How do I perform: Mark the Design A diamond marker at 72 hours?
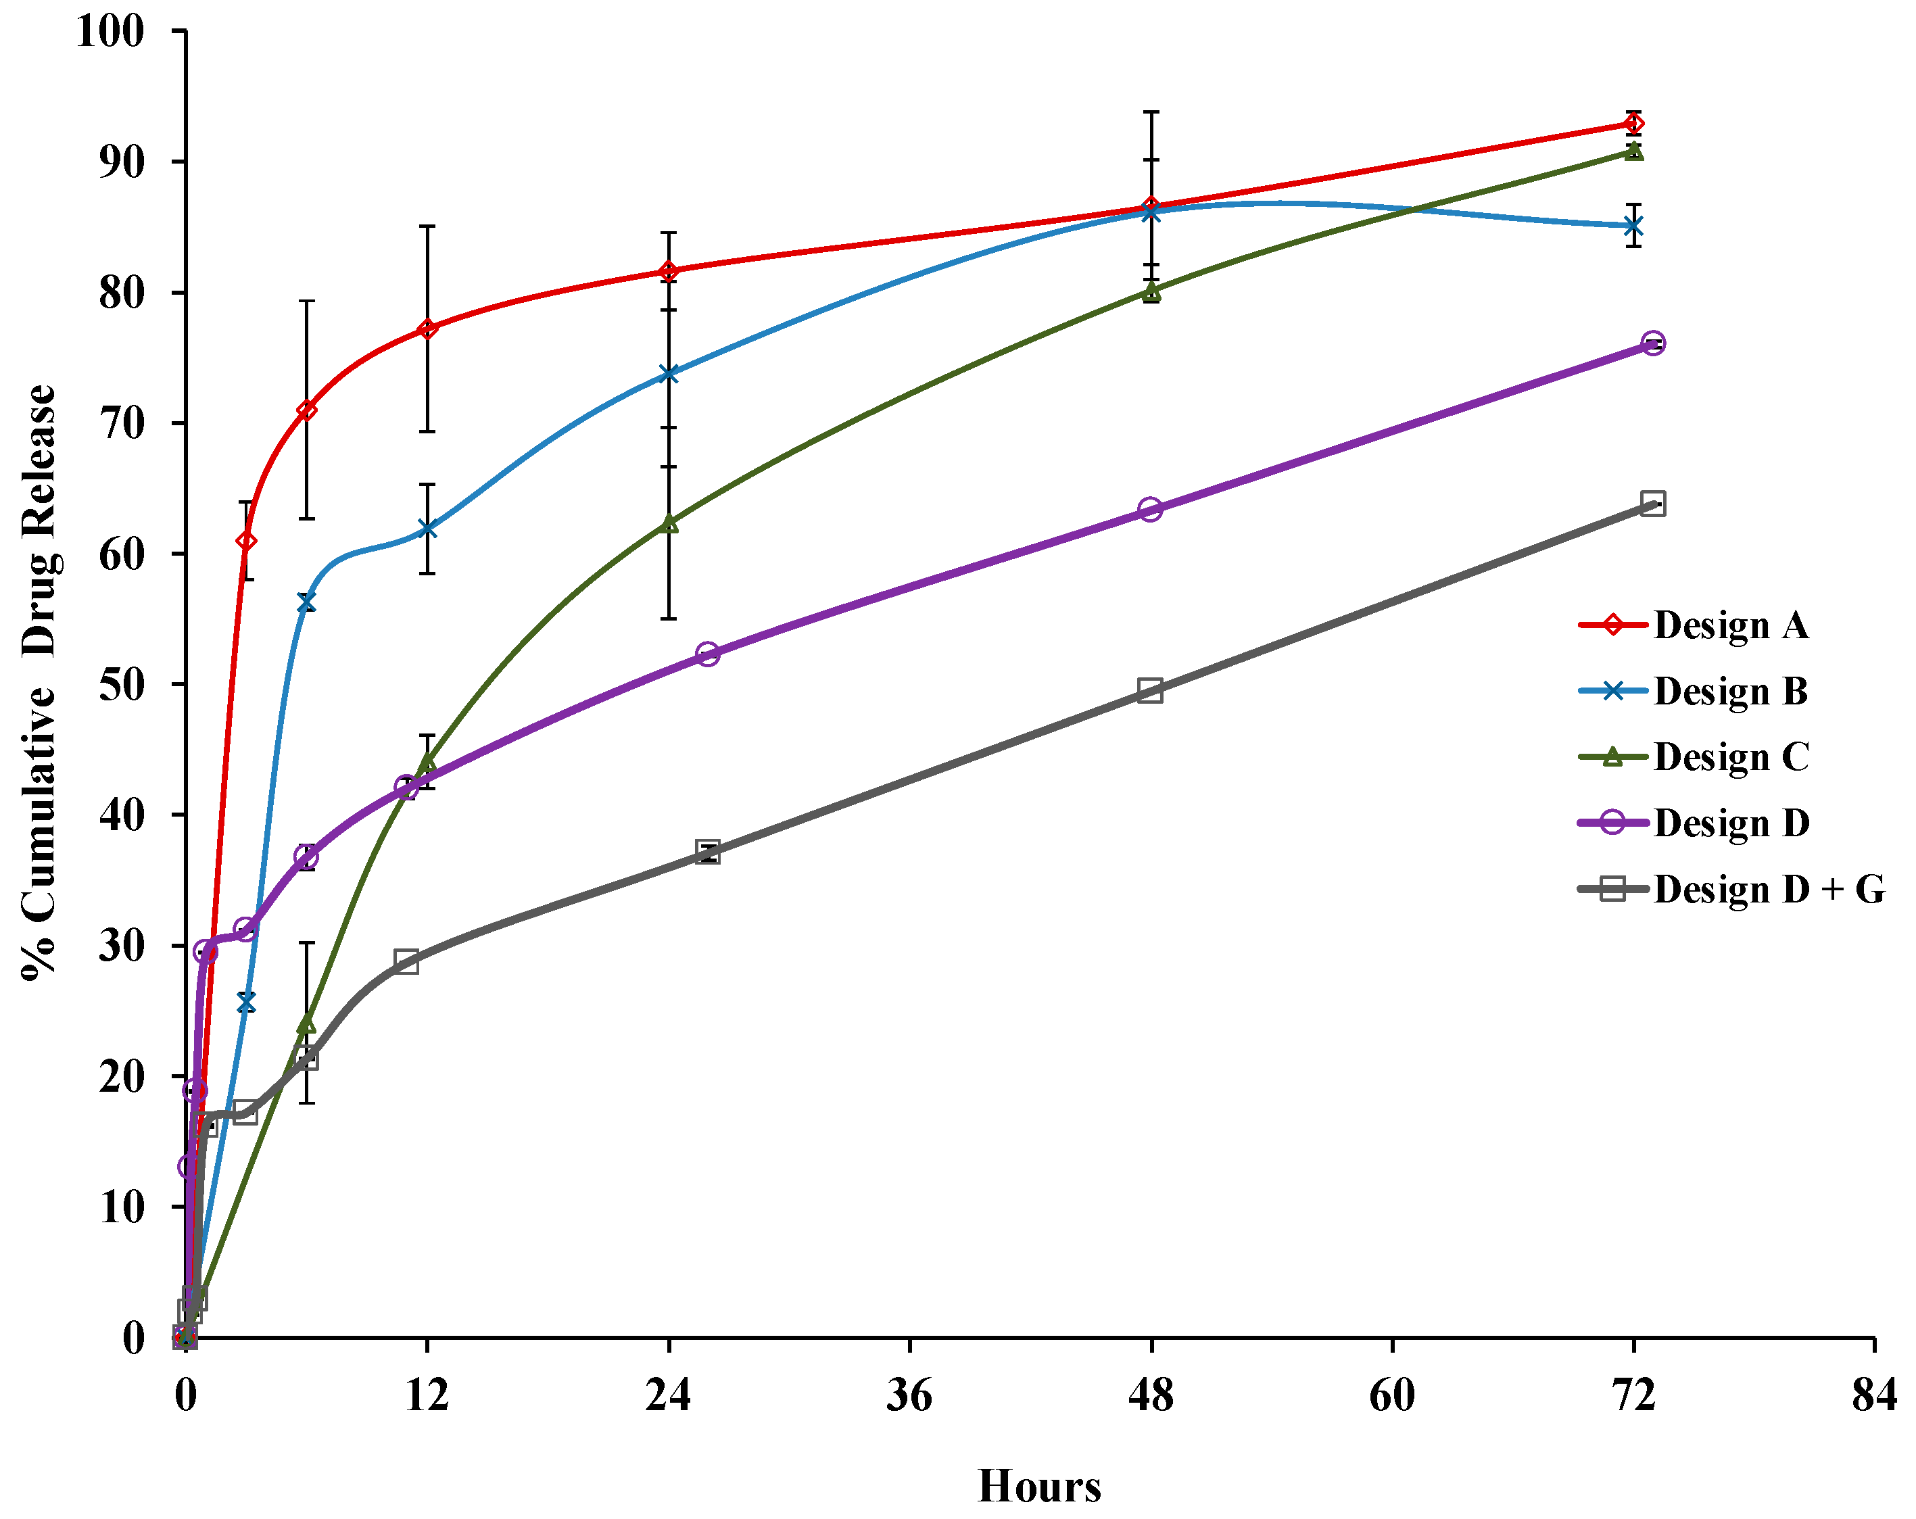click(1633, 124)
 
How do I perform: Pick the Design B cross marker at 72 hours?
click(1633, 226)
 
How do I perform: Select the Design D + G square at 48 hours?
click(1150, 691)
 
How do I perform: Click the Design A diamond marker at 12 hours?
click(427, 329)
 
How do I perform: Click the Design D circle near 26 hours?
click(707, 655)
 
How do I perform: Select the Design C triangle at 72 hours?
click(1633, 152)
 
